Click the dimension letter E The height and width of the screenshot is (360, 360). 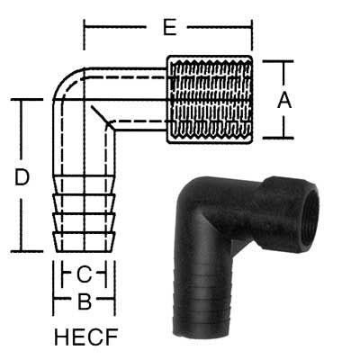coord(168,28)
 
